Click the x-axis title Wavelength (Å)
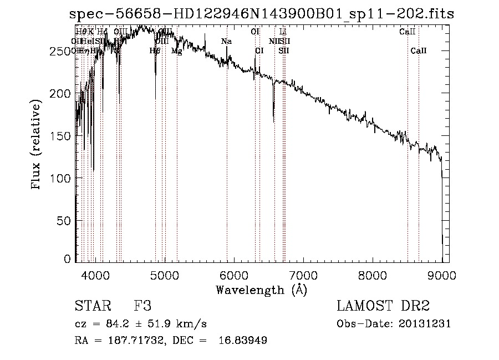[261, 290]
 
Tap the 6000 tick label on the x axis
[234, 274]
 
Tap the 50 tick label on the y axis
[65, 220]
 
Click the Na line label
[226, 41]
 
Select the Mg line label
[176, 51]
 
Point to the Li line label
[283, 32]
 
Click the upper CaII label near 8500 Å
[408, 32]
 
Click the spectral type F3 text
[142, 307]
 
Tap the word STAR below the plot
[91, 307]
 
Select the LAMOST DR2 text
[383, 306]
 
